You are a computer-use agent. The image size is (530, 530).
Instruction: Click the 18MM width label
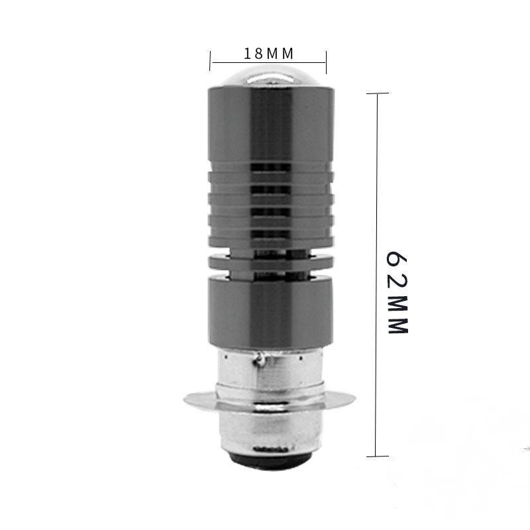tap(268, 52)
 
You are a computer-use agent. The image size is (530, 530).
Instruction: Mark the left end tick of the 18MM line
tap(211, 62)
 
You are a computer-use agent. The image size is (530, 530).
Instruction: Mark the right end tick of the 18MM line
tap(326, 62)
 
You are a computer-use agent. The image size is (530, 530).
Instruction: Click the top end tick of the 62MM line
tap(378, 93)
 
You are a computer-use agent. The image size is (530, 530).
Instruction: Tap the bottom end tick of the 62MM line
tap(378, 456)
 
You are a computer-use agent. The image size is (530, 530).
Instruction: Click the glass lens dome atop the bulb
tap(268, 74)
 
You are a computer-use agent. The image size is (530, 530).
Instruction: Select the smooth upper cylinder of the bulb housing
tap(268, 126)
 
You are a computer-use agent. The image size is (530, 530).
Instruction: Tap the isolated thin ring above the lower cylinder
tap(268, 264)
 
